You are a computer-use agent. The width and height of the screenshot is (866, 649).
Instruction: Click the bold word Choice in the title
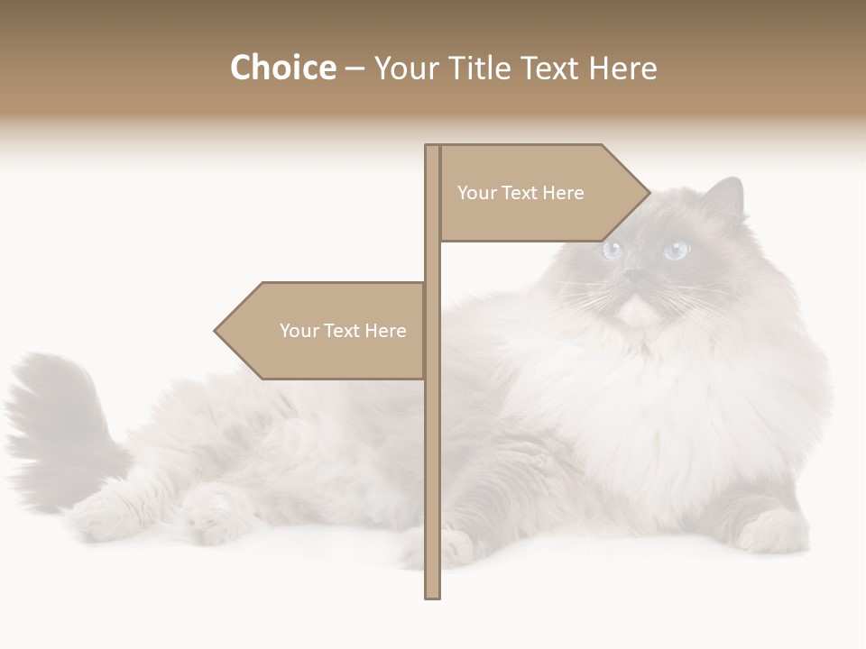click(282, 69)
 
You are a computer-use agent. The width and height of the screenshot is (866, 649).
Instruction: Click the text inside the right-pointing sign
click(521, 193)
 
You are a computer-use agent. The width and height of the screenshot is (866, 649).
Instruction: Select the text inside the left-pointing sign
click(343, 331)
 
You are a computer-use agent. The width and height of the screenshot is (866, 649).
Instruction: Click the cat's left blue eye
click(613, 250)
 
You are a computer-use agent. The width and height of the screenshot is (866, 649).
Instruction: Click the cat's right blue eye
click(676, 250)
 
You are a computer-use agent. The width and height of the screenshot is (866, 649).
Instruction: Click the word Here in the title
click(623, 69)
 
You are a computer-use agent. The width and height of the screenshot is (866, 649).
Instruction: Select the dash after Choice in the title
click(355, 69)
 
